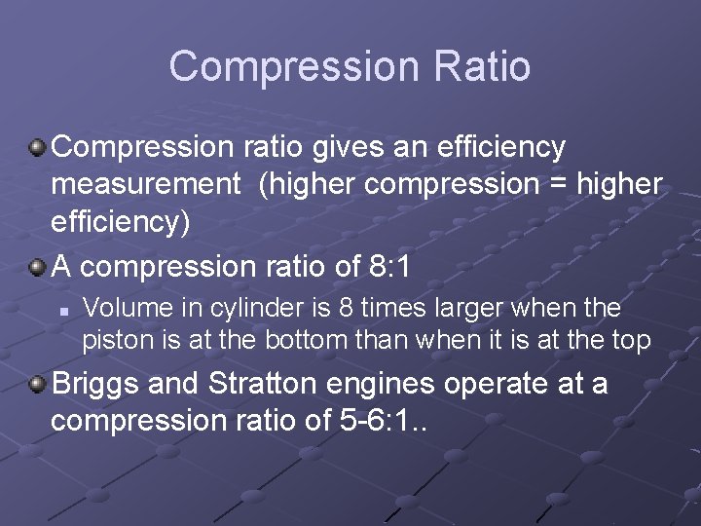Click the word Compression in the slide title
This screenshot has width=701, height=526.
coord(291,66)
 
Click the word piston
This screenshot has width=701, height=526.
coord(110,340)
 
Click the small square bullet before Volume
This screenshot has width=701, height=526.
coord(62,311)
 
